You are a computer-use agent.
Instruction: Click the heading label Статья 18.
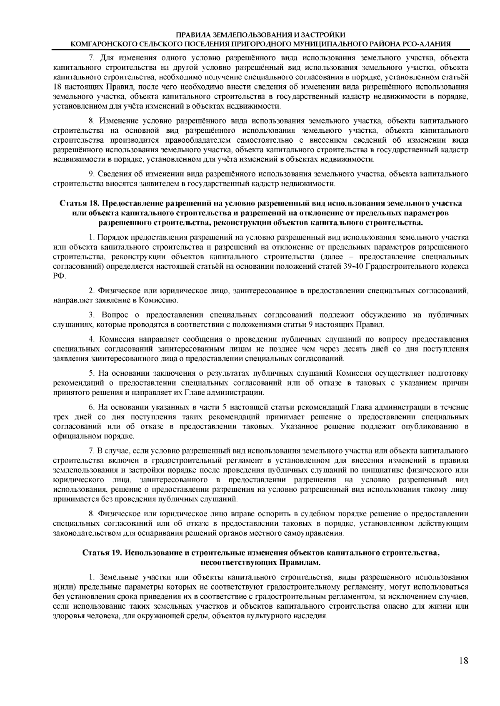tap(80, 204)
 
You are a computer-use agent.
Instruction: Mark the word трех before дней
tap(61, 417)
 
